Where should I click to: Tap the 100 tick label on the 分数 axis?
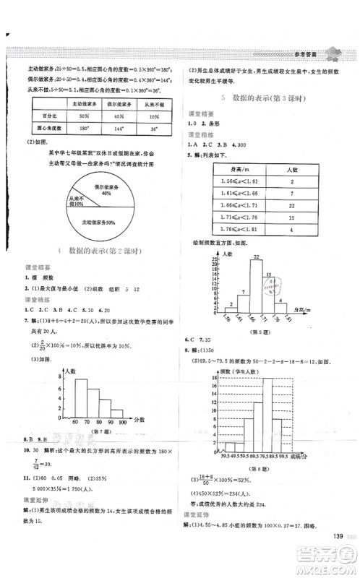[123, 420]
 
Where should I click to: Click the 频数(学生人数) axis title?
[232, 368]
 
